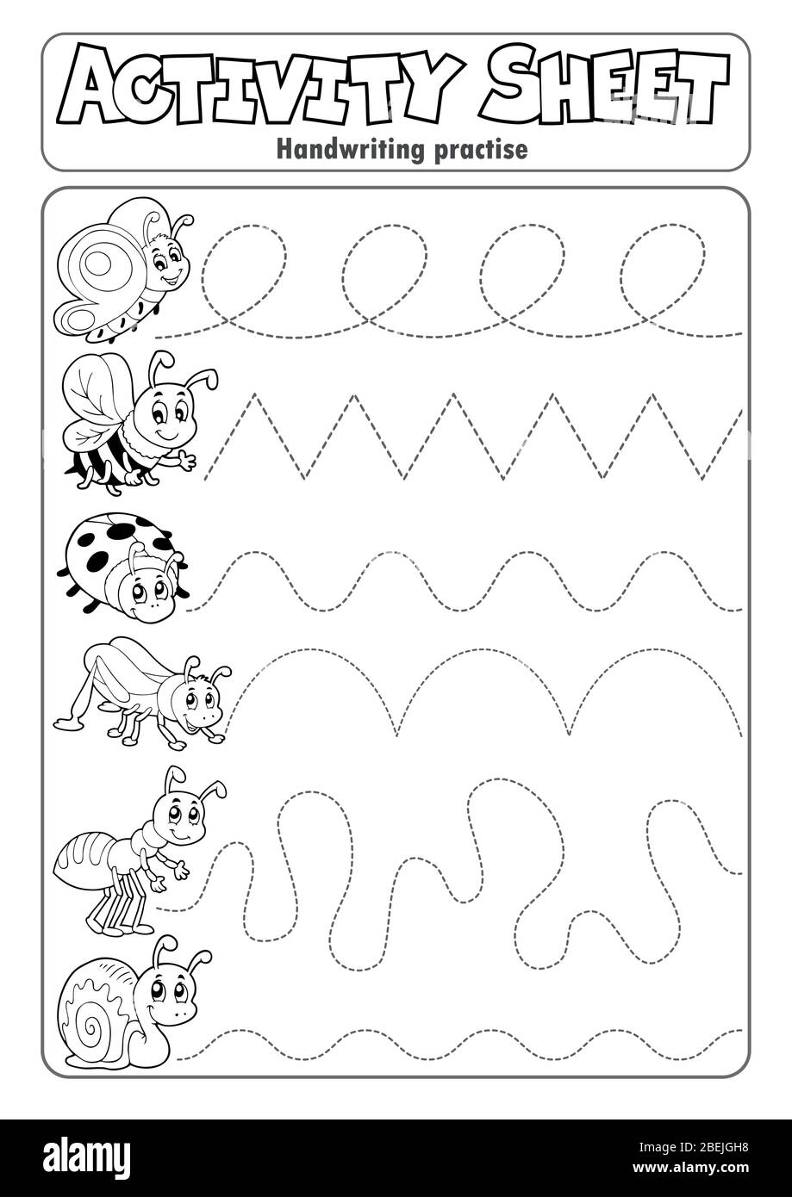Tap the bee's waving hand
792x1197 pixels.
[x=184, y=462]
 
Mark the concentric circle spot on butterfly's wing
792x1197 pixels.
[x=100, y=262]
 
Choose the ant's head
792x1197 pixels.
[x=180, y=815]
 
